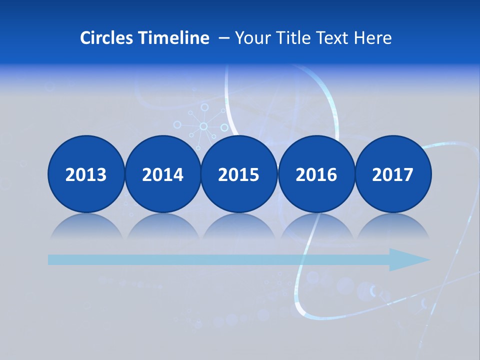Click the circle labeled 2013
(x=86, y=174)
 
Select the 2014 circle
(x=162, y=174)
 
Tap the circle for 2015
(x=239, y=174)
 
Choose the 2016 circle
(x=316, y=174)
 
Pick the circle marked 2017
(x=392, y=174)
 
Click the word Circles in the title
(x=107, y=38)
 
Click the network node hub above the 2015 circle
(x=203, y=126)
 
